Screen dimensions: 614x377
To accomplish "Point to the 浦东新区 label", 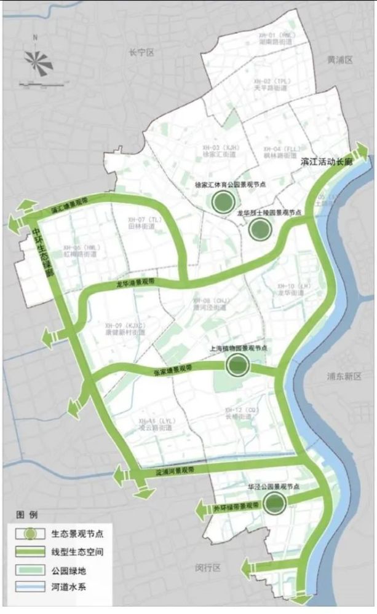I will coord(344,376).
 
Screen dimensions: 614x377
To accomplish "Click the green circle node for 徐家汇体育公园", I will coord(222,200).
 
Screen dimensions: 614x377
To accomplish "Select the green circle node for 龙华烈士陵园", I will coord(260,229).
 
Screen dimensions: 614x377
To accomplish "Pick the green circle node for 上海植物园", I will coord(236,366).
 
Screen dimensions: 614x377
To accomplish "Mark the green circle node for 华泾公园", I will coord(274,503).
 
